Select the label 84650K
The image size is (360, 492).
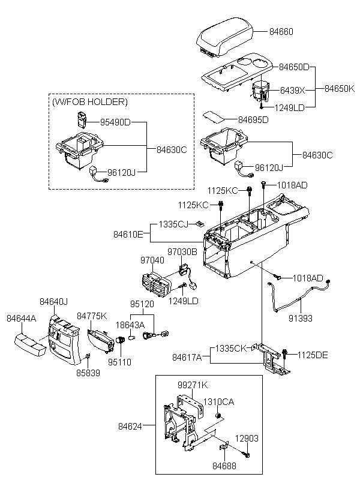[340, 89]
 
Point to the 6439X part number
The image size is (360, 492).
[293, 90]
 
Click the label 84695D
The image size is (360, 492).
[253, 120]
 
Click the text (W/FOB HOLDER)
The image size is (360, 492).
[90, 103]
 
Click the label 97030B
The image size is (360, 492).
[182, 252]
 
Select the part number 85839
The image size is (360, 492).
[88, 373]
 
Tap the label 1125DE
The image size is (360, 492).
[313, 355]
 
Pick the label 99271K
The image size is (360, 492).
[193, 385]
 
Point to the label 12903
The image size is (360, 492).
[247, 439]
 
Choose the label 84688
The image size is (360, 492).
[223, 465]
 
